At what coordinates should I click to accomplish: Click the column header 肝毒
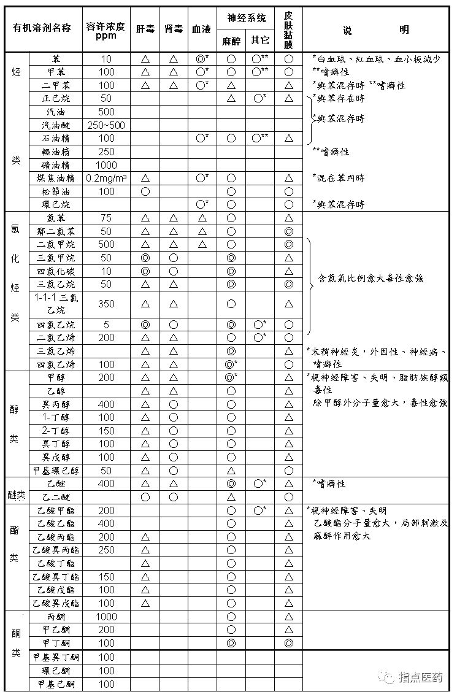coord(145,29)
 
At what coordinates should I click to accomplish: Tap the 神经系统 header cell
coord(244,18)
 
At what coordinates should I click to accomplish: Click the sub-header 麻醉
coord(231,41)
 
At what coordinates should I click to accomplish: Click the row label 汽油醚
coord(58,125)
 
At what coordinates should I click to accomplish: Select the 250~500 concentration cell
coord(106,125)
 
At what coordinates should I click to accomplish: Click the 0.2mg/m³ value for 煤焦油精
coord(106,178)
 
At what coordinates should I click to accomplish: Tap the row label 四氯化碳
coord(58,271)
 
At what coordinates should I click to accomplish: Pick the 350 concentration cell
coord(106,303)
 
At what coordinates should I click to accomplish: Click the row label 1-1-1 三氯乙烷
coord(58,303)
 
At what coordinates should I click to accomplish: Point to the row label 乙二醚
coord(58,497)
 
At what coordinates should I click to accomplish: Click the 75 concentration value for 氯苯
coord(106,218)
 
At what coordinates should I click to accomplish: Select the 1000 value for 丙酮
coord(106,617)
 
